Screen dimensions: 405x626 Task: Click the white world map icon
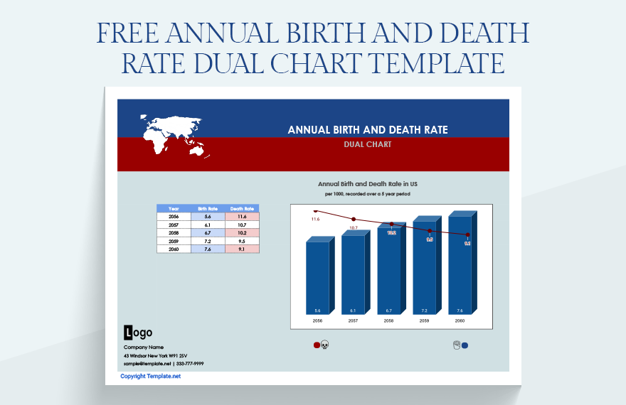point(174,135)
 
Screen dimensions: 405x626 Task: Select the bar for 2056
point(317,278)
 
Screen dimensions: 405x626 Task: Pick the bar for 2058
point(388,271)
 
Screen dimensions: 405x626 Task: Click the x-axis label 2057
point(353,321)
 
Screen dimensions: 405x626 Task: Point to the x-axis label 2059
point(424,321)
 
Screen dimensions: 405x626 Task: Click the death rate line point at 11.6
point(316,210)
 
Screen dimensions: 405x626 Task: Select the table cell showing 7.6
point(208,248)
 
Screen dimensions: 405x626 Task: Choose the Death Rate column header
point(242,209)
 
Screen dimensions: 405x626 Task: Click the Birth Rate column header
point(208,209)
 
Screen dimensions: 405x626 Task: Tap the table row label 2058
point(174,232)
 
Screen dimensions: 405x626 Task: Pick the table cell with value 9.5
point(242,240)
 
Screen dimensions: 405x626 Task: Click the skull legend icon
point(325,345)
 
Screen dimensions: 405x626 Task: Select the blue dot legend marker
point(465,346)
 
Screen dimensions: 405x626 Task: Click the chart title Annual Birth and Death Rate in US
point(367,183)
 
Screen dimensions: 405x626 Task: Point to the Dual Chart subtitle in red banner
point(367,144)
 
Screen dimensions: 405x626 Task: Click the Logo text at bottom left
point(138,332)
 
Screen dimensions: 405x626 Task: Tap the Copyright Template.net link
point(151,376)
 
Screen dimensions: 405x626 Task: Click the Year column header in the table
point(174,209)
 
